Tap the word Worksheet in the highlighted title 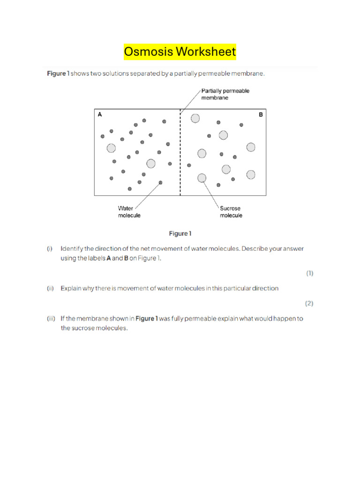pyautogui.click(x=205, y=51)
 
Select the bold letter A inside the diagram pyautogui.click(x=99, y=114)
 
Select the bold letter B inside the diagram pyautogui.click(x=261, y=114)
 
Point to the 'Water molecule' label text pyautogui.click(x=129, y=212)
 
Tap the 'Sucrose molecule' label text pyautogui.click(x=231, y=212)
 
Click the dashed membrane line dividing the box pyautogui.click(x=180, y=155)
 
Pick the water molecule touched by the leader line pyautogui.click(x=161, y=182)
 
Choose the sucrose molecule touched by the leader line pyautogui.click(x=202, y=178)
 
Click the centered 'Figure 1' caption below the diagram pyautogui.click(x=180, y=233)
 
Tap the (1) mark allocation pyautogui.click(x=310, y=273)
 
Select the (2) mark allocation pyautogui.click(x=309, y=303)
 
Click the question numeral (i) pyautogui.click(x=50, y=249)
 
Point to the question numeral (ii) pyautogui.click(x=50, y=288)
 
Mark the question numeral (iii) pyautogui.click(x=51, y=318)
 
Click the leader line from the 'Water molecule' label pyautogui.click(x=148, y=194)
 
